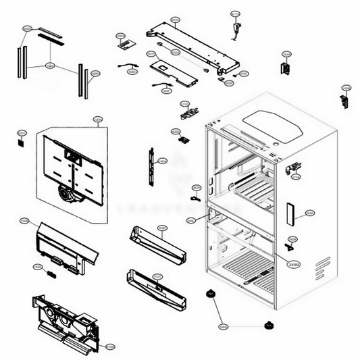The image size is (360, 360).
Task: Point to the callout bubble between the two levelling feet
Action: click(x=223, y=328)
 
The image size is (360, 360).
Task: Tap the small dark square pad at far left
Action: click(x=20, y=143)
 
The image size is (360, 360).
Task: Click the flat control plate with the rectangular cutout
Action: click(x=174, y=71)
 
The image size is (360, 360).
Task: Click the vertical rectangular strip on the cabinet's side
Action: click(x=290, y=213)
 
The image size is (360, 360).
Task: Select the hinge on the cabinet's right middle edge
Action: click(x=293, y=168)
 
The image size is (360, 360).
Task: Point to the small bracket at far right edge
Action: click(x=345, y=99)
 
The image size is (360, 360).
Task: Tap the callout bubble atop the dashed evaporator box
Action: click(x=97, y=120)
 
